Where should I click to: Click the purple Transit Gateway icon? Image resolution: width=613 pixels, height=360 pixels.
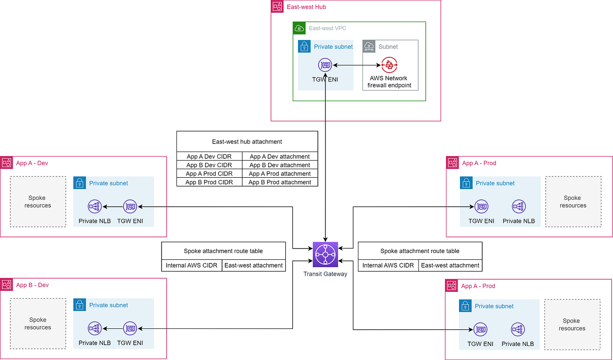coord(325,254)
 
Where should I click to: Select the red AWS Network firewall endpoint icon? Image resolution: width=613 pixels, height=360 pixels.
coord(389,65)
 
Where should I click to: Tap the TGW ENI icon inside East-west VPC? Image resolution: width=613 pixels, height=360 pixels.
coord(325,65)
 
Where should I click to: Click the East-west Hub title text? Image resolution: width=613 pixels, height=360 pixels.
coord(306,7)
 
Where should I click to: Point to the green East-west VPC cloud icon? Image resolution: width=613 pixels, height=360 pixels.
coord(299,28)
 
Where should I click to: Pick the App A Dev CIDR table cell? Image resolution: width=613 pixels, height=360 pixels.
coord(209,157)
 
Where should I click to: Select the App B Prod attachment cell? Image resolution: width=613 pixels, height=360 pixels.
coord(280,182)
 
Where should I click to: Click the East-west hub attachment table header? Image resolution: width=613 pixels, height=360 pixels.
coord(247,142)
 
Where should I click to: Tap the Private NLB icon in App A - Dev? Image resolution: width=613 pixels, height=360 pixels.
coord(95,207)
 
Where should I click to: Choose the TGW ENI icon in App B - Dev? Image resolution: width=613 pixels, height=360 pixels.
coord(130,328)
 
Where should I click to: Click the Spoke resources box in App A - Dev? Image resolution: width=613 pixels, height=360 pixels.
coord(38,202)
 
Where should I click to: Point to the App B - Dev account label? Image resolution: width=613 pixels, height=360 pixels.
coord(32,285)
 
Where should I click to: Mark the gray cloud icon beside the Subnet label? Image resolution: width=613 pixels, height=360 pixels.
coord(369,46)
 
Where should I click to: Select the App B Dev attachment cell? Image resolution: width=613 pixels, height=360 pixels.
coord(280,165)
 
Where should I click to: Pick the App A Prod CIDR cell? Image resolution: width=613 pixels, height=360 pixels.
coord(209,174)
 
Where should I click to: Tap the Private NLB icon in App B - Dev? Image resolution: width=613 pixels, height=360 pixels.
coord(95,328)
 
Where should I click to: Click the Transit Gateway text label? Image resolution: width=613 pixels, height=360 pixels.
coord(325,274)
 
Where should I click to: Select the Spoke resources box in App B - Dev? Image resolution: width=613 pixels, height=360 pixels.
coord(38,323)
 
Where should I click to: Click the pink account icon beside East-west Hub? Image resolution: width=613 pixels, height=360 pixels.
coord(277,7)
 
